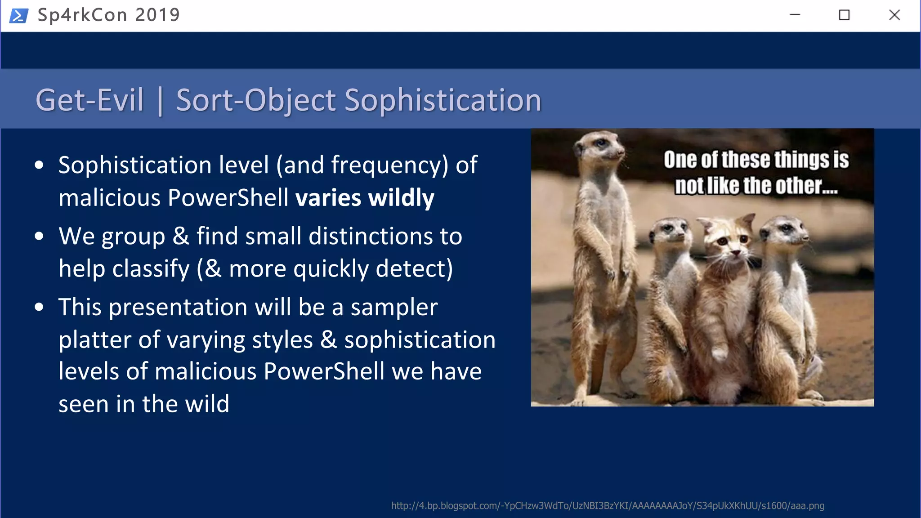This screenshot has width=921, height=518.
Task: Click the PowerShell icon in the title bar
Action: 19,16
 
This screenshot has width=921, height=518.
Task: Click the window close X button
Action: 894,15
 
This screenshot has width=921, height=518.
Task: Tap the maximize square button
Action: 844,15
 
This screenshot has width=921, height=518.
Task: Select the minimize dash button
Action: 795,15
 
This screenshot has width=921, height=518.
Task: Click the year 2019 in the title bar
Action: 157,15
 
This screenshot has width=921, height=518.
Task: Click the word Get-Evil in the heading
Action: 89,100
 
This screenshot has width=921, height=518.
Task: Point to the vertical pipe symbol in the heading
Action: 160,101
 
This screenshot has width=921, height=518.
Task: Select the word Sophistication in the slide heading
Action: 443,100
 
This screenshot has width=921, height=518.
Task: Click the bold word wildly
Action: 401,198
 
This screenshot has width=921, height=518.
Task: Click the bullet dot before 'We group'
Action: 39,236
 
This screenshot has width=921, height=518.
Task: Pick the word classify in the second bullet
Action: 151,269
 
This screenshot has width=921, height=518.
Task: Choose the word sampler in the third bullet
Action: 394,308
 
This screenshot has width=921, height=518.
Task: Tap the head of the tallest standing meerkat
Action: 600,146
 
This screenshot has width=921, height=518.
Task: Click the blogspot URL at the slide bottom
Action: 608,506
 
